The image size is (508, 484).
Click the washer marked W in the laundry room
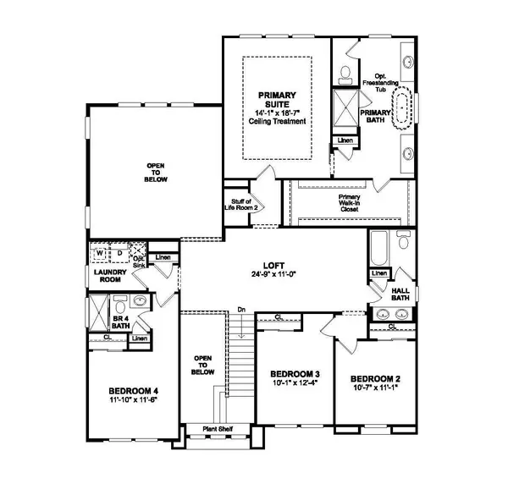tap(100, 252)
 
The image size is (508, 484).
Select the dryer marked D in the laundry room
tap(119, 252)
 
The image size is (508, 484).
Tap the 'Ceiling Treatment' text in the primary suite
tap(277, 121)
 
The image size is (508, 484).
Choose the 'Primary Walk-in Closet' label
tap(350, 200)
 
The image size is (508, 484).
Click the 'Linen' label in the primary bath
tap(345, 140)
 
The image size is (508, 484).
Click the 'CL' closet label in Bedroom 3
tap(277, 318)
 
